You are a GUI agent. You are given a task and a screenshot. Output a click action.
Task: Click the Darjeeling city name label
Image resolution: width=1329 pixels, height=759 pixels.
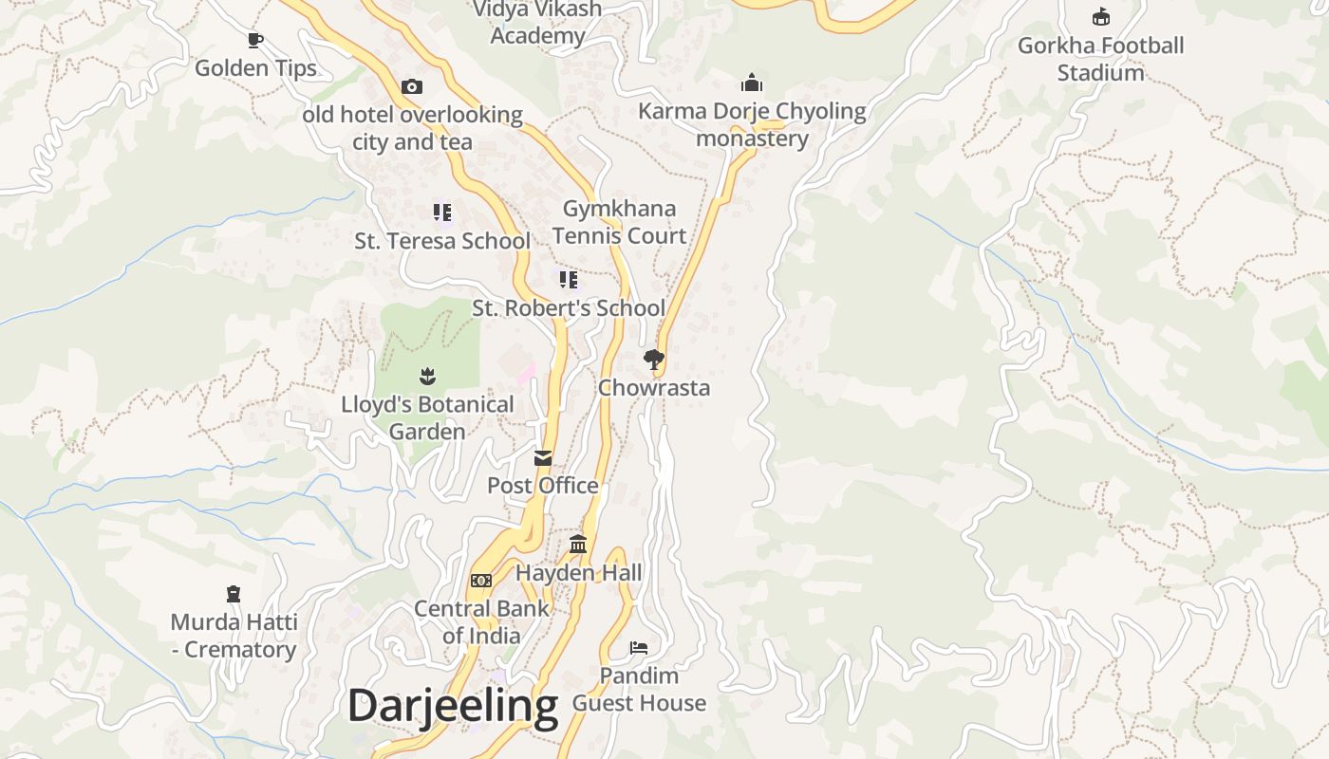coord(452,707)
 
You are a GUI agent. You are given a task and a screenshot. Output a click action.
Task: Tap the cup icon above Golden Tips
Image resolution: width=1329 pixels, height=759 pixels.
coord(254,40)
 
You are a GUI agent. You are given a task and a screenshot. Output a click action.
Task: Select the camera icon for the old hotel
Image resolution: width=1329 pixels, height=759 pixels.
coord(411,86)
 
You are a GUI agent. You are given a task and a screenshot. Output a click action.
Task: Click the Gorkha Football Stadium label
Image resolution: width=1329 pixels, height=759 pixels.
coord(1100,59)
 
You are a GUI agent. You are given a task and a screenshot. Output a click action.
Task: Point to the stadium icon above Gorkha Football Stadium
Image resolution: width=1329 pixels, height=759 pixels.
coord(1100,17)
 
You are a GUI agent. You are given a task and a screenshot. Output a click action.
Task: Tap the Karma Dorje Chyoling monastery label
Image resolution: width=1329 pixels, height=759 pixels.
coord(752,124)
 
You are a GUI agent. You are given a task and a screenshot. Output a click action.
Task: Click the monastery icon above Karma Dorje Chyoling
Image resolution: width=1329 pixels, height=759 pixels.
coord(752,83)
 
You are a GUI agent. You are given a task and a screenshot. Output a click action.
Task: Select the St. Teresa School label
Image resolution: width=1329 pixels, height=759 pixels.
coord(442,241)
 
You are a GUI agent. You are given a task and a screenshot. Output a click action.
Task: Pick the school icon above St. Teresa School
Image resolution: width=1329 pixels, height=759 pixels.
coord(442,213)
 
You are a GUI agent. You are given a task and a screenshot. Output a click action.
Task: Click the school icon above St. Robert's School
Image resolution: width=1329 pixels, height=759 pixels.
coord(568,279)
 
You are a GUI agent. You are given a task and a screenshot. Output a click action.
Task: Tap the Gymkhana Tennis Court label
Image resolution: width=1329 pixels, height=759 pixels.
coord(619,222)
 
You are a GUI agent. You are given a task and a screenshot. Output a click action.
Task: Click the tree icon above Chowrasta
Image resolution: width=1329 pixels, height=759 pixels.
coord(653,359)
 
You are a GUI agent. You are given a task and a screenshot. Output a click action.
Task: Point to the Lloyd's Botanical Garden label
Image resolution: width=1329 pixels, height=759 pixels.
coord(427,417)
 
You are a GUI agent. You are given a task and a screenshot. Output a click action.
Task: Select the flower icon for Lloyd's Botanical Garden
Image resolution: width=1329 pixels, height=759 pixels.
coord(427,376)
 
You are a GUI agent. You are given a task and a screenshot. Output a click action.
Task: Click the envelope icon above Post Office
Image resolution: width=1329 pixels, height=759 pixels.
coord(543,458)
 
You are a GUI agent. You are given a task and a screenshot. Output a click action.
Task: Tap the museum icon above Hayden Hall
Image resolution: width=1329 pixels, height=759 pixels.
coord(578,545)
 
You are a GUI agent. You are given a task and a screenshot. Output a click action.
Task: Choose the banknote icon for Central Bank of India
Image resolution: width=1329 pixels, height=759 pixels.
coord(481,580)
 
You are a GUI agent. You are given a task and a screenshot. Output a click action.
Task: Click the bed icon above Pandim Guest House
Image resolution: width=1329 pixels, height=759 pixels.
coord(639,648)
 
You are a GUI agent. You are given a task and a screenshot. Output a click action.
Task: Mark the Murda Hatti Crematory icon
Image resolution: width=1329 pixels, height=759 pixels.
coord(234,594)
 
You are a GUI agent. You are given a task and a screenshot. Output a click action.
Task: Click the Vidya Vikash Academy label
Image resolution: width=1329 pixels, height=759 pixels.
coord(537,23)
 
